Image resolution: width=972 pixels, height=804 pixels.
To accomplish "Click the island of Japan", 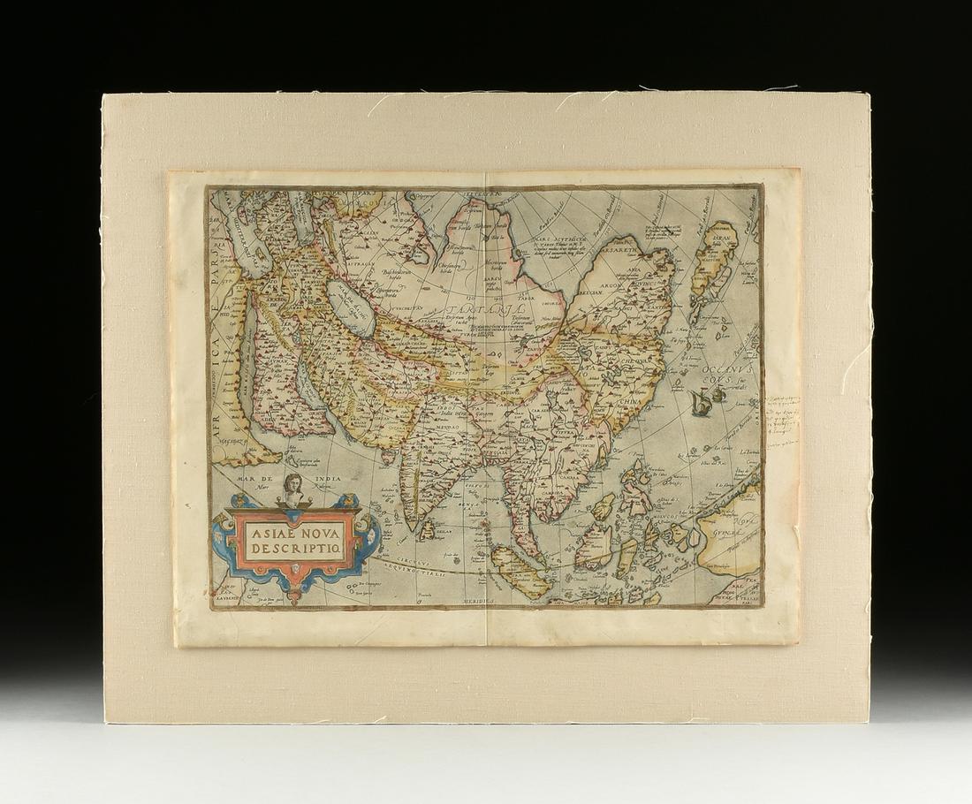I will click(715, 266).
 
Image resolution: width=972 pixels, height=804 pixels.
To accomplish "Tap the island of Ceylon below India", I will click(431, 530).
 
